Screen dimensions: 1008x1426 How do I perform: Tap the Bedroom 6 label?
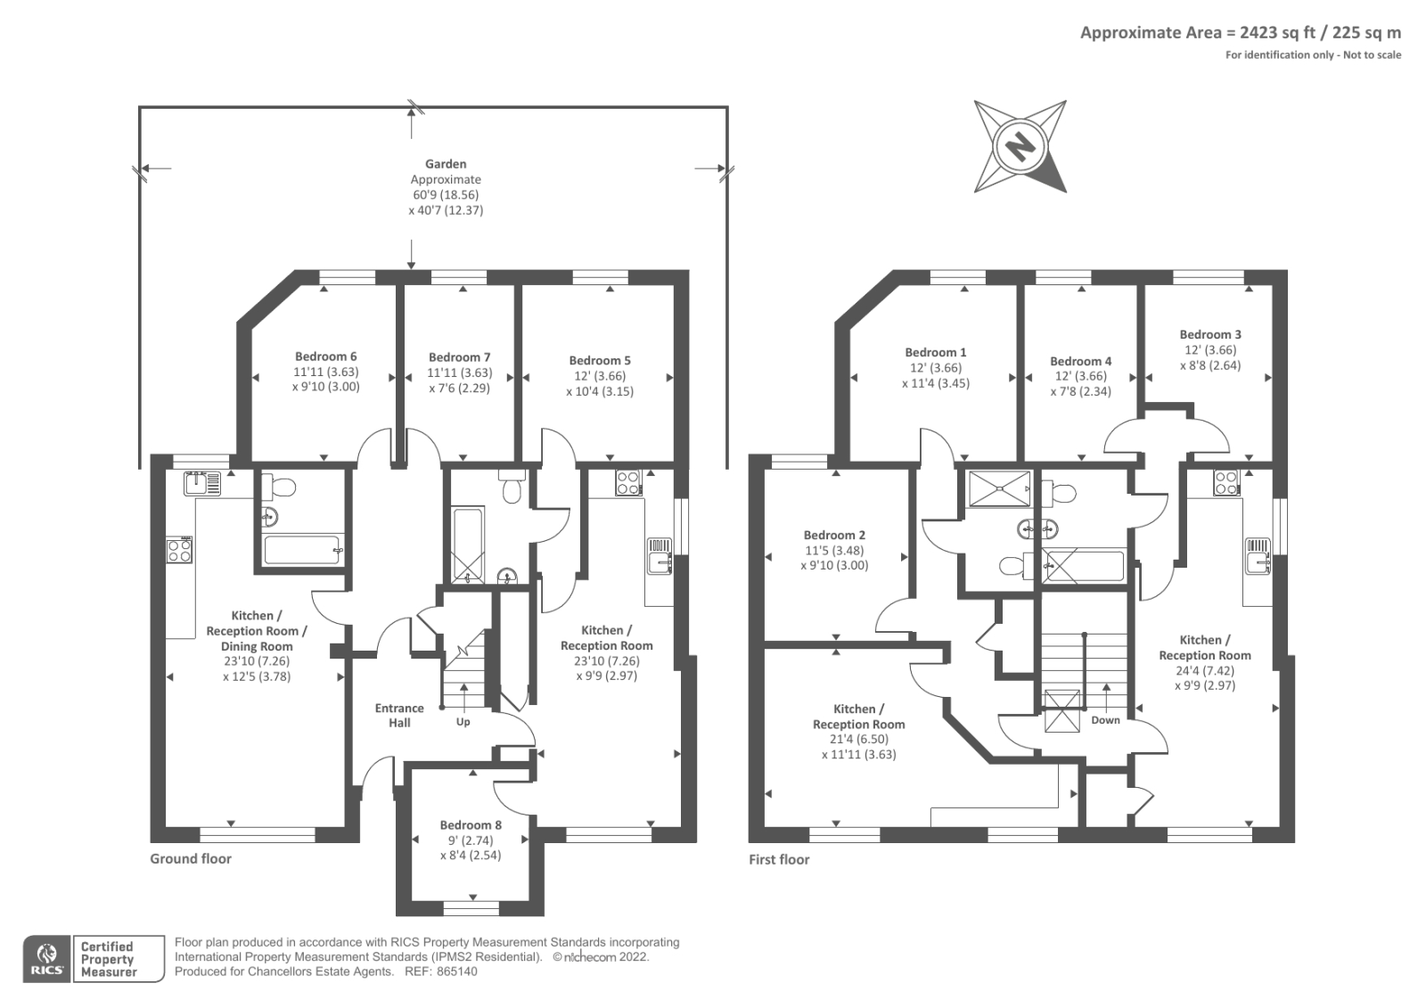tap(325, 356)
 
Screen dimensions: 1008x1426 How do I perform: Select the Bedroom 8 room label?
tap(471, 825)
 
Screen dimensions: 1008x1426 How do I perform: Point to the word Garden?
tap(446, 164)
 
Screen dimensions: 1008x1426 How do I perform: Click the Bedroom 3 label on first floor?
tap(1210, 334)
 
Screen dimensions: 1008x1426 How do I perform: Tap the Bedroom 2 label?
tap(834, 535)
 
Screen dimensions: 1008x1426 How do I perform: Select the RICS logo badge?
tap(46, 959)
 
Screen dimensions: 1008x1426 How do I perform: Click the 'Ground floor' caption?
tap(191, 858)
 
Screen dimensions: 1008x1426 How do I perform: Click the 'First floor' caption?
tap(779, 859)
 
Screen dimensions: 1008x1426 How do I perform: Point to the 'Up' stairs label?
tap(463, 721)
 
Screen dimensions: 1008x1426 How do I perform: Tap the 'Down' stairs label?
tap(1105, 720)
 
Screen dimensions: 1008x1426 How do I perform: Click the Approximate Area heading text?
tap(1240, 33)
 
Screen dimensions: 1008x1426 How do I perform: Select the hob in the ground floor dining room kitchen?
tap(179, 550)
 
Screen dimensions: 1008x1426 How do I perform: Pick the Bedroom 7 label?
tap(459, 357)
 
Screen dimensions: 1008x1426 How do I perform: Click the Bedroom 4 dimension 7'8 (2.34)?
tap(1080, 391)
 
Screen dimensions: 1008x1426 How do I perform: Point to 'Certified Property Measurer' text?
tap(108, 959)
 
